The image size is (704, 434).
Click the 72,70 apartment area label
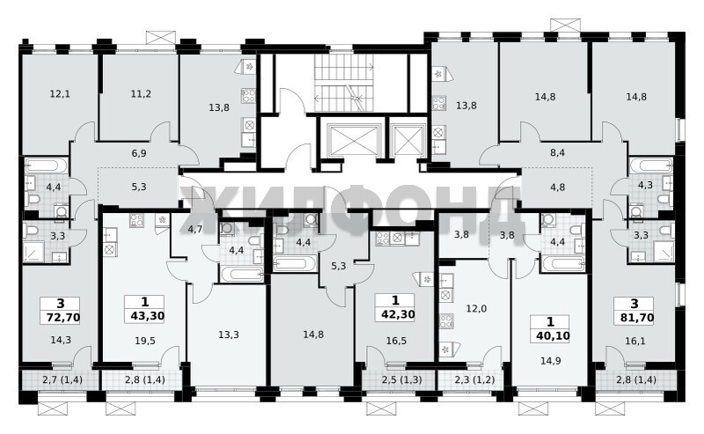click(62, 318)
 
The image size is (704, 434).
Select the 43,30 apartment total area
click(147, 316)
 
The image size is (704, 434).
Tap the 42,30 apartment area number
click(398, 314)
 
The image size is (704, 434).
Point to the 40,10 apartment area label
click(553, 335)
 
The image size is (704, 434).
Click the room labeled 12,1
click(60, 94)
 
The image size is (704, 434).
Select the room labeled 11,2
click(141, 94)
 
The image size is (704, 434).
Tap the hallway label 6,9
click(139, 153)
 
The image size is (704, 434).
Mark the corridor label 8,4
click(557, 153)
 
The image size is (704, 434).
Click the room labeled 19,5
click(145, 341)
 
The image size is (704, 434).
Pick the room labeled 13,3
click(229, 335)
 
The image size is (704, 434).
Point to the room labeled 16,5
click(396, 341)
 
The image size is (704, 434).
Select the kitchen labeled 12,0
click(476, 309)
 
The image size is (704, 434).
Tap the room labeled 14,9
click(551, 360)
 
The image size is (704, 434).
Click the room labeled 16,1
click(634, 341)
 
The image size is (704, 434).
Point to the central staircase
click(344, 83)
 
